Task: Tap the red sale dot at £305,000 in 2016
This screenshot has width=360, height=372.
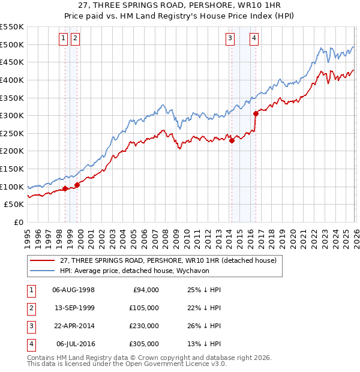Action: (256, 113)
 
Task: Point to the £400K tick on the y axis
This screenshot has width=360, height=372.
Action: (13, 80)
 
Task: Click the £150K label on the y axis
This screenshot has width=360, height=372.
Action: (13, 169)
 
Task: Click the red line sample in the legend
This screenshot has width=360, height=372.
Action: (41, 260)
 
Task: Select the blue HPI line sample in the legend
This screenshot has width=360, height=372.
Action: (41, 271)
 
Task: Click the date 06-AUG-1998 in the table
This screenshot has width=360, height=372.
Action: (73, 290)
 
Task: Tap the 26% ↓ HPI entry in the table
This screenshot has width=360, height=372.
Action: (204, 326)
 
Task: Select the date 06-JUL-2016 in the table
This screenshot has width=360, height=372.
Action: (75, 344)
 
